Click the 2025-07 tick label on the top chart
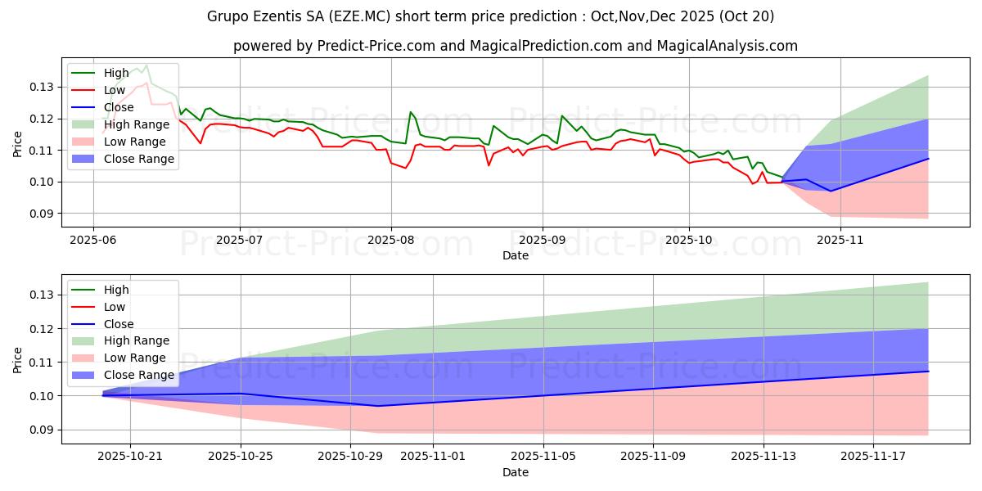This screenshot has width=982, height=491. (239, 240)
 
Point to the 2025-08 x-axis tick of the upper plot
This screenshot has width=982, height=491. (390, 240)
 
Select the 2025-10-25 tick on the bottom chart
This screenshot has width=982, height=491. (241, 457)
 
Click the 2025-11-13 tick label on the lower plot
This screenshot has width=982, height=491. (763, 457)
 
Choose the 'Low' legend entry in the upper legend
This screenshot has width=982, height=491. (115, 90)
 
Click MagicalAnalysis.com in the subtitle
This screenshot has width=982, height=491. (732, 46)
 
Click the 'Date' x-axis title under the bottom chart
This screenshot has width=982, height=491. (516, 472)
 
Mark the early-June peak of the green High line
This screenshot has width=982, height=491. (146, 65)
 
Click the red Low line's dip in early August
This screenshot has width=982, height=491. (405, 168)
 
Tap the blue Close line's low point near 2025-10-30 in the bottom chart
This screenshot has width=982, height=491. (377, 406)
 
